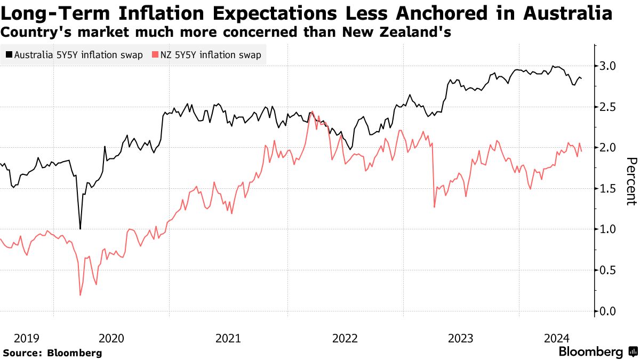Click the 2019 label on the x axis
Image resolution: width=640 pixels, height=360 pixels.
click(27, 338)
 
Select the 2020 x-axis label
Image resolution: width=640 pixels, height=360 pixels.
click(111, 338)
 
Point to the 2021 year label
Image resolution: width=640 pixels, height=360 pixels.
click(228, 338)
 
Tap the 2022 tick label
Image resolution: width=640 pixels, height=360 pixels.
click(344, 338)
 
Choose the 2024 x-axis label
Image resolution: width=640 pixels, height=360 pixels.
click(557, 338)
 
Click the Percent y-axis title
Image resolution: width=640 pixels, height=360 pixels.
click(631, 181)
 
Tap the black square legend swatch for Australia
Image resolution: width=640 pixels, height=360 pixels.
click(9, 55)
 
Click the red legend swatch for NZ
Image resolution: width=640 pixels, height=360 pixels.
click(155, 55)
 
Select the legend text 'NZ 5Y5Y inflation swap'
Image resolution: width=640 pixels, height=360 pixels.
click(211, 55)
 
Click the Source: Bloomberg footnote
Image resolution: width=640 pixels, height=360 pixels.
click(52, 353)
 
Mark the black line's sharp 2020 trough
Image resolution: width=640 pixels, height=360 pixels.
click(80, 229)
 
